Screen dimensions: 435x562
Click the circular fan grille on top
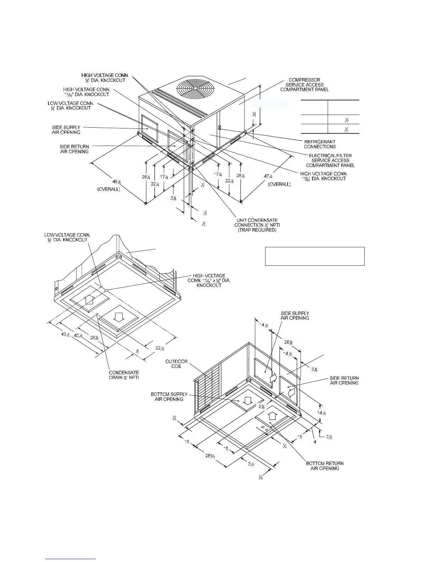tap(194, 88)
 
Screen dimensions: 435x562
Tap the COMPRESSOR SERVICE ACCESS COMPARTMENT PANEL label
tap(305, 85)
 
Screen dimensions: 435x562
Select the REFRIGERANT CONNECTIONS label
tap(320, 144)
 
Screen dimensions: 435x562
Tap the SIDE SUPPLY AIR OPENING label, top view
tap(66, 130)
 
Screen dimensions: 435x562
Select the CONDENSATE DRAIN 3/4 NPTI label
tap(124, 375)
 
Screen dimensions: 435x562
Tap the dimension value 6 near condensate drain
tap(137, 351)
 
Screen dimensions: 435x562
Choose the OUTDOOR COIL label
tap(176, 364)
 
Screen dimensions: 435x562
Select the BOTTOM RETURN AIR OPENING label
tap(325, 466)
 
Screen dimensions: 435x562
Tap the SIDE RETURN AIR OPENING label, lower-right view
tap(344, 380)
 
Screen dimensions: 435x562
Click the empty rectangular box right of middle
tap(315, 256)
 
